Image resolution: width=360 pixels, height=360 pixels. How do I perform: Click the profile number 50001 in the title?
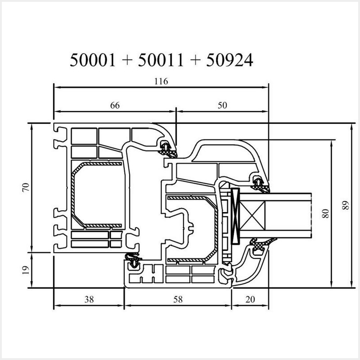coord(92,60)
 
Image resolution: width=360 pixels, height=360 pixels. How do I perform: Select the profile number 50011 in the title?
coord(161,60)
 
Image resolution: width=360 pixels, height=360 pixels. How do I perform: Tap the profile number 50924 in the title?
coord(230,60)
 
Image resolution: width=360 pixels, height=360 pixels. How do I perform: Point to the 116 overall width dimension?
coord(161,81)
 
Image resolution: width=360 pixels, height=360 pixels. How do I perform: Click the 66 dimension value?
coord(115,105)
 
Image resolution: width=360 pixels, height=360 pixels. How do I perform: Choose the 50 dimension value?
coord(222,105)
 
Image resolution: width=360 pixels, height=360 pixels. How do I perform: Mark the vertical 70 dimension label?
coord(26,187)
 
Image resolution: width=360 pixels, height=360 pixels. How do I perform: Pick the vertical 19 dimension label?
coord(26,270)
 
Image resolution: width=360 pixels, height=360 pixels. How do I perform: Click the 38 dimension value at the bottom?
coord(89,300)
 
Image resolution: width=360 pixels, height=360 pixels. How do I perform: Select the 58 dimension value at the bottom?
coord(178,300)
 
